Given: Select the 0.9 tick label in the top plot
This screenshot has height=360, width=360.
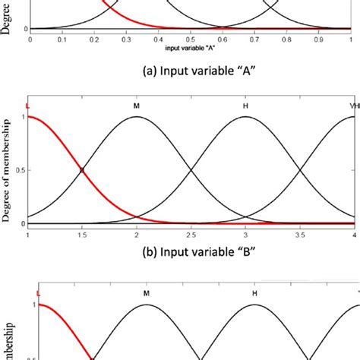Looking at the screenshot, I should [319, 36].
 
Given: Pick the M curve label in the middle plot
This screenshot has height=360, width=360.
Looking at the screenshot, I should [137, 106].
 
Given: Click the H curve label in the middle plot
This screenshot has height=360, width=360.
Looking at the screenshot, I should [245, 106].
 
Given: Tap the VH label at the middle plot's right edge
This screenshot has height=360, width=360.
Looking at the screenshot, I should [352, 106].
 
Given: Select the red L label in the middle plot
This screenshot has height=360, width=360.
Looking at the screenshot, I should [28, 106].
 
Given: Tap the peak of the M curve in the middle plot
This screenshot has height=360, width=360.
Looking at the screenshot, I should [137, 117].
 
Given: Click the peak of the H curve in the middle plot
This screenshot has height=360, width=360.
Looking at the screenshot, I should [245, 117].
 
